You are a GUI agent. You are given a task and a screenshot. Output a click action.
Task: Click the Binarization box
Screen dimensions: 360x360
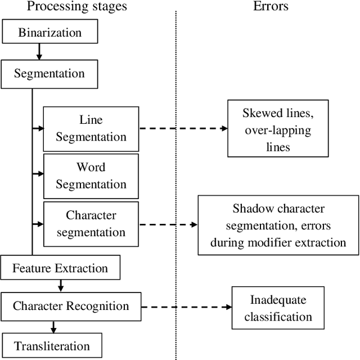click(49, 33)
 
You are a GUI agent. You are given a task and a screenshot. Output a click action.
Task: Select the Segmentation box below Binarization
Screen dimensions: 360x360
click(49, 74)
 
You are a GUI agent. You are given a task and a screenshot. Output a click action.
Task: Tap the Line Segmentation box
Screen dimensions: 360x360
click(91, 128)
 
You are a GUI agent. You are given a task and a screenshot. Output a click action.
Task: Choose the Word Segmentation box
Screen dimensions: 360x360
click(91, 175)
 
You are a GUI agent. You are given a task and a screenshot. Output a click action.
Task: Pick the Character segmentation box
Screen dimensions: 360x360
click(91, 223)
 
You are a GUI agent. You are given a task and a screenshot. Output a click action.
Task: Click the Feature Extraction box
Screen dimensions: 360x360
click(61, 268)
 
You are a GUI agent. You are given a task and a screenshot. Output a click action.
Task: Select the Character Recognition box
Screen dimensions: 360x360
click(71, 306)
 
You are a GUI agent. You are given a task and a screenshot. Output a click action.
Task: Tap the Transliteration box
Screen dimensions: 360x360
click(52, 345)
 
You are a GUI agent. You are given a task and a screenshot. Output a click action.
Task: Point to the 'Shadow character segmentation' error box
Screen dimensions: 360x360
click(278, 225)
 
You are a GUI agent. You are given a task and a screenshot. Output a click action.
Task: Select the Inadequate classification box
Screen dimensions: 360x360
click(277, 308)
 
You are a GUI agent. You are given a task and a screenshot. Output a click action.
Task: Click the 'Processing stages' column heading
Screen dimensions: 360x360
click(77, 7)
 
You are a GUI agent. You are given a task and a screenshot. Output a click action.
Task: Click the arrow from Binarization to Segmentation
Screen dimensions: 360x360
click(39, 52)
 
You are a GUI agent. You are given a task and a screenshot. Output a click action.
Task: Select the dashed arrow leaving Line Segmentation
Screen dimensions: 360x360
click(183, 128)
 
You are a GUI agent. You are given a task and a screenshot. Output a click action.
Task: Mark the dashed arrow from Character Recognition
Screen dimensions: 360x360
click(186, 307)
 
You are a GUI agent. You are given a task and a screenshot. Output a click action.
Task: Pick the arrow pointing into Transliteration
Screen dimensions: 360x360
click(53, 326)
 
